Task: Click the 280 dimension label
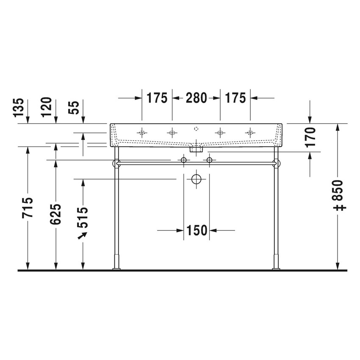(x=195, y=98)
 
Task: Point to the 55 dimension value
(x=74, y=108)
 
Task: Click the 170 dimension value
(x=310, y=136)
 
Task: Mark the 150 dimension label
(x=197, y=230)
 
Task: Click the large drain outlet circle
(x=196, y=179)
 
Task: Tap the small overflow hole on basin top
(x=196, y=128)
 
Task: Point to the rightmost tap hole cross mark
(x=250, y=133)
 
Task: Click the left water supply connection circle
(x=183, y=160)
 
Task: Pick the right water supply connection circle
(x=209, y=160)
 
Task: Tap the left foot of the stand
(x=116, y=268)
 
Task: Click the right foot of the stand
(x=276, y=268)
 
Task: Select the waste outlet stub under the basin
(x=196, y=149)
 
